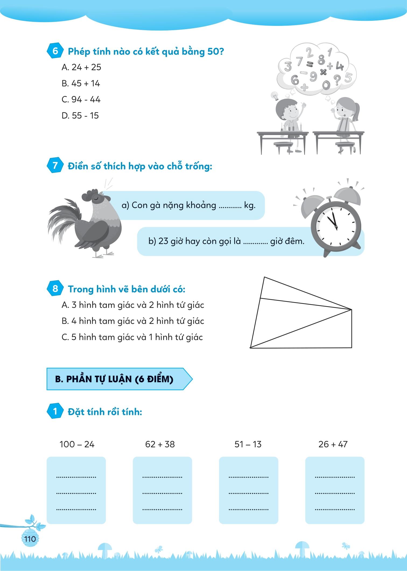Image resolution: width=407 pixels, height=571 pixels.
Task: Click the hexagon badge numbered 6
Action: [55, 51]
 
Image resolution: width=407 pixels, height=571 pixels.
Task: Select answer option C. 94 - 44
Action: [81, 99]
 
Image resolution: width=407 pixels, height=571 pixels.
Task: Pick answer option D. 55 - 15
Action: [80, 116]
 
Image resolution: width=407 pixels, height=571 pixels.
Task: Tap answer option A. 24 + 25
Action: [81, 67]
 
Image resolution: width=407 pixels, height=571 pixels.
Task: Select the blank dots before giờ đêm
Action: [255, 242]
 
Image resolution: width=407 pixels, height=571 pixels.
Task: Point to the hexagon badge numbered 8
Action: [55, 289]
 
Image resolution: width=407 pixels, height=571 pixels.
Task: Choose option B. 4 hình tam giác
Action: [133, 321]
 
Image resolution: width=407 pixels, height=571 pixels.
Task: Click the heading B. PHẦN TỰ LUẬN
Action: [114, 379]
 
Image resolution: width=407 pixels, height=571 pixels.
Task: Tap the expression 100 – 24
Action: [77, 444]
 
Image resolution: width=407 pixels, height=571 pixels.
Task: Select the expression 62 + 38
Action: [160, 444]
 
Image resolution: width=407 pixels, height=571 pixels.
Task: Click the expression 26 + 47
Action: [333, 444]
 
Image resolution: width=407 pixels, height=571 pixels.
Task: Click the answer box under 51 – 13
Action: [248, 490]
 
